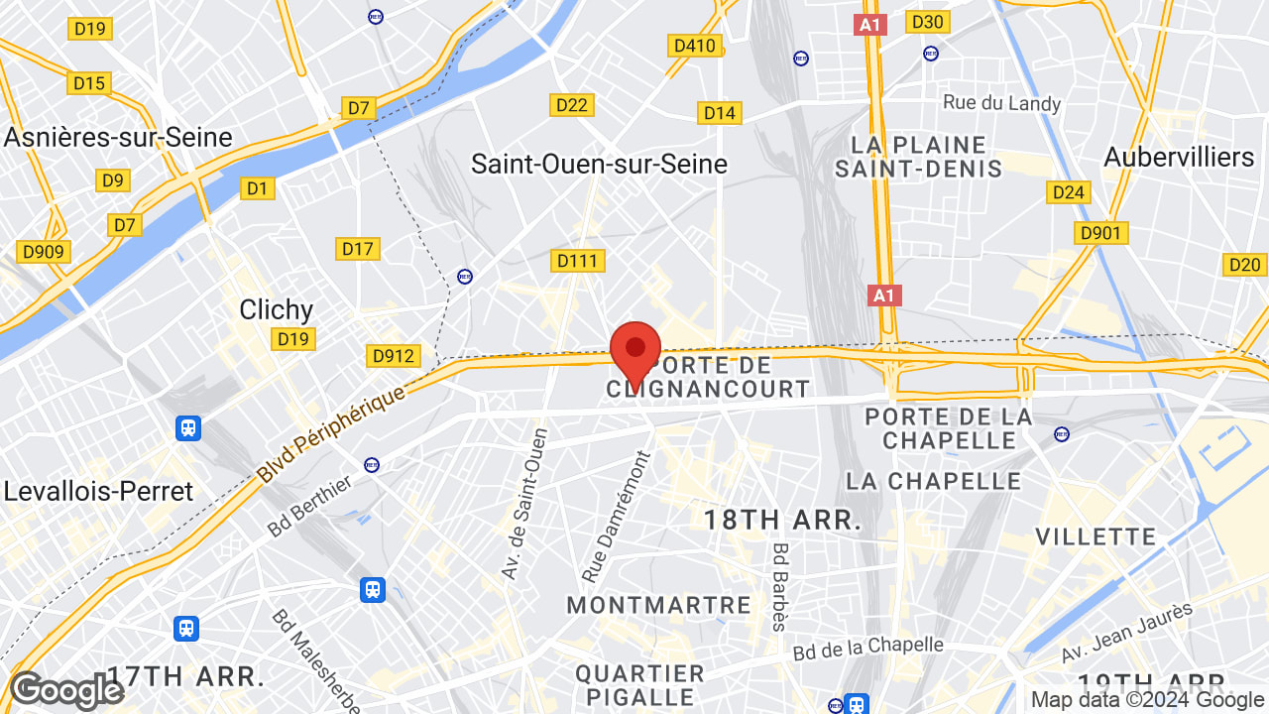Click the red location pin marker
(x=635, y=350)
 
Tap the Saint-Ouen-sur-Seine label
(x=599, y=164)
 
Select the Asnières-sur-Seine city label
(x=118, y=137)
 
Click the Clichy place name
(x=276, y=309)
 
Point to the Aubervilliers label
(x=1179, y=157)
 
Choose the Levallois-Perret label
(x=98, y=491)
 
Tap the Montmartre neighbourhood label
(x=658, y=604)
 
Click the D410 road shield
(x=694, y=46)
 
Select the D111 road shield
(x=577, y=260)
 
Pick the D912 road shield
(x=394, y=355)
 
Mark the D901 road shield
(x=1100, y=233)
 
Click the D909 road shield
(x=43, y=252)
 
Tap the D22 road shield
(x=572, y=105)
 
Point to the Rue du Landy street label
(x=1001, y=103)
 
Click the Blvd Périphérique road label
(x=331, y=434)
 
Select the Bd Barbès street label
(x=780, y=586)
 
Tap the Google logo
(x=66, y=690)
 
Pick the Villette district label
(x=1096, y=536)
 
